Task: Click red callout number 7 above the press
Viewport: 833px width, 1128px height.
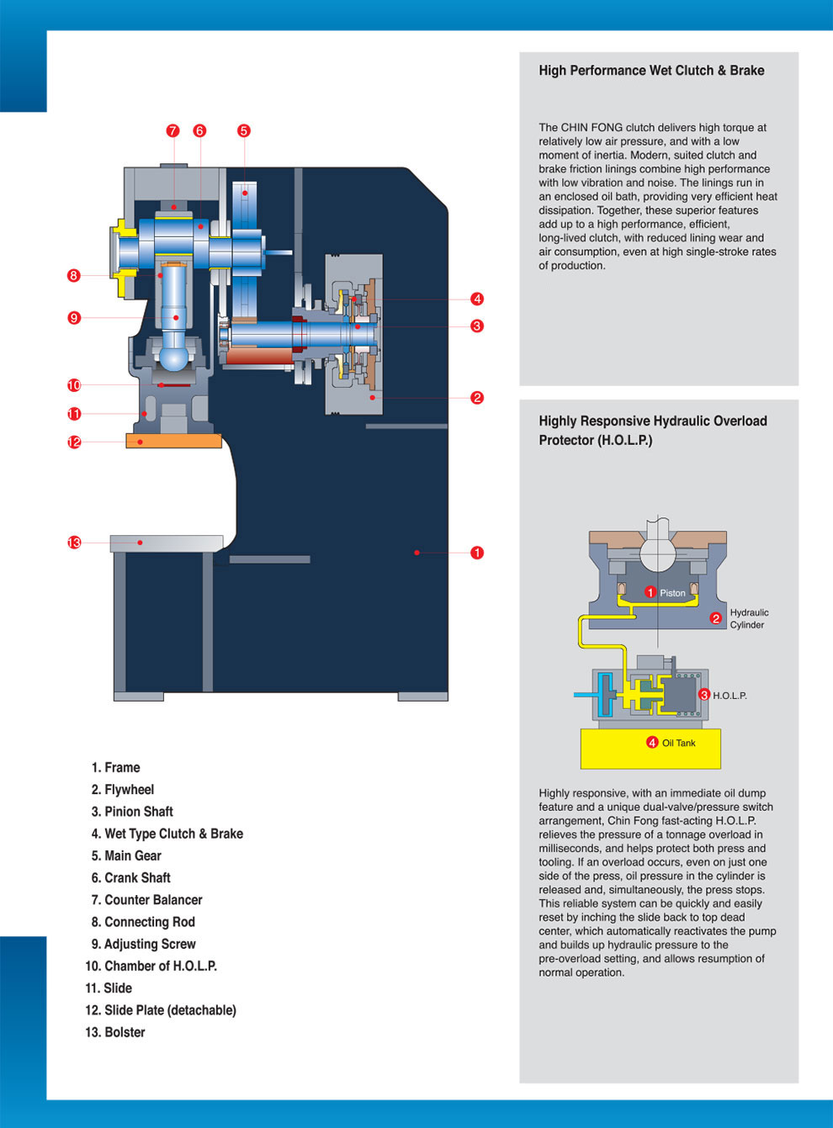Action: (x=172, y=130)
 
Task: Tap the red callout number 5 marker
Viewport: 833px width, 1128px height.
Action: (x=243, y=130)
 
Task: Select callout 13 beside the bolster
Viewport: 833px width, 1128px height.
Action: (x=74, y=543)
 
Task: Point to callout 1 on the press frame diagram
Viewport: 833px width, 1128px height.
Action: (x=477, y=553)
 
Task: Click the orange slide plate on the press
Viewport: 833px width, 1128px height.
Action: (x=173, y=440)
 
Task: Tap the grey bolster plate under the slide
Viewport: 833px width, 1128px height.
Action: (x=167, y=543)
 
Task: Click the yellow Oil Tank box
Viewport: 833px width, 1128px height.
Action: (x=650, y=749)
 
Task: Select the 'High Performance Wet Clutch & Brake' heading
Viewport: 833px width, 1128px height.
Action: (x=651, y=71)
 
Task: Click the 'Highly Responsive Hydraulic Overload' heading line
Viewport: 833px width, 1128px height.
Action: (x=653, y=421)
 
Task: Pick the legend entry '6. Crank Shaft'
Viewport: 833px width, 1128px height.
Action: (x=130, y=877)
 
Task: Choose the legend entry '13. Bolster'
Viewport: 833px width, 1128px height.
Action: (x=115, y=1032)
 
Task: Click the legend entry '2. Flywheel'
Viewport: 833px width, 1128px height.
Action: (x=123, y=789)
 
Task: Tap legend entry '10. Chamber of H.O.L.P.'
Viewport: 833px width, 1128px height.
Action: (x=151, y=966)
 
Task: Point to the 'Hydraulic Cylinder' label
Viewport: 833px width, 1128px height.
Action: (x=749, y=618)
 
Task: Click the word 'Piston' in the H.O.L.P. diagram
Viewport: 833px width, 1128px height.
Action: (x=672, y=593)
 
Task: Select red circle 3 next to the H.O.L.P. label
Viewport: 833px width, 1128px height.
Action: (x=704, y=695)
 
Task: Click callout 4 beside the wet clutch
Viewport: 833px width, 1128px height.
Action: (x=477, y=299)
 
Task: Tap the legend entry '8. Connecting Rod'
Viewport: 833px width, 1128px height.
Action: (x=143, y=922)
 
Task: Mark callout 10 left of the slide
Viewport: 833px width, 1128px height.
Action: (x=74, y=385)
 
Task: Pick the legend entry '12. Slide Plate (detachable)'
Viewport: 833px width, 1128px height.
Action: (x=161, y=1010)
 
